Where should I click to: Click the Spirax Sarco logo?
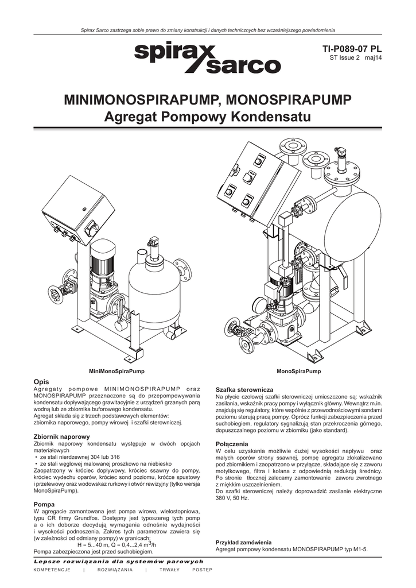click(x=207, y=59)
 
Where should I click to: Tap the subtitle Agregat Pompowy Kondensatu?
click(x=207, y=118)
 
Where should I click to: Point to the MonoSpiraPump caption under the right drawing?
click(x=298, y=372)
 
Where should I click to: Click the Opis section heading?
click(x=42, y=382)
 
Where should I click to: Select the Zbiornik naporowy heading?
click(x=62, y=437)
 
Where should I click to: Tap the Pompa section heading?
click(x=44, y=504)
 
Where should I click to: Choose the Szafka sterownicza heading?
click(x=240, y=390)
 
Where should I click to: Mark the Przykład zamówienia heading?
click(x=243, y=543)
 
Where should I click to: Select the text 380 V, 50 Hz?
click(x=232, y=498)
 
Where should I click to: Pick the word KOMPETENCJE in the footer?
click(x=52, y=569)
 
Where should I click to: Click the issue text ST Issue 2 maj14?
click(x=355, y=58)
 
